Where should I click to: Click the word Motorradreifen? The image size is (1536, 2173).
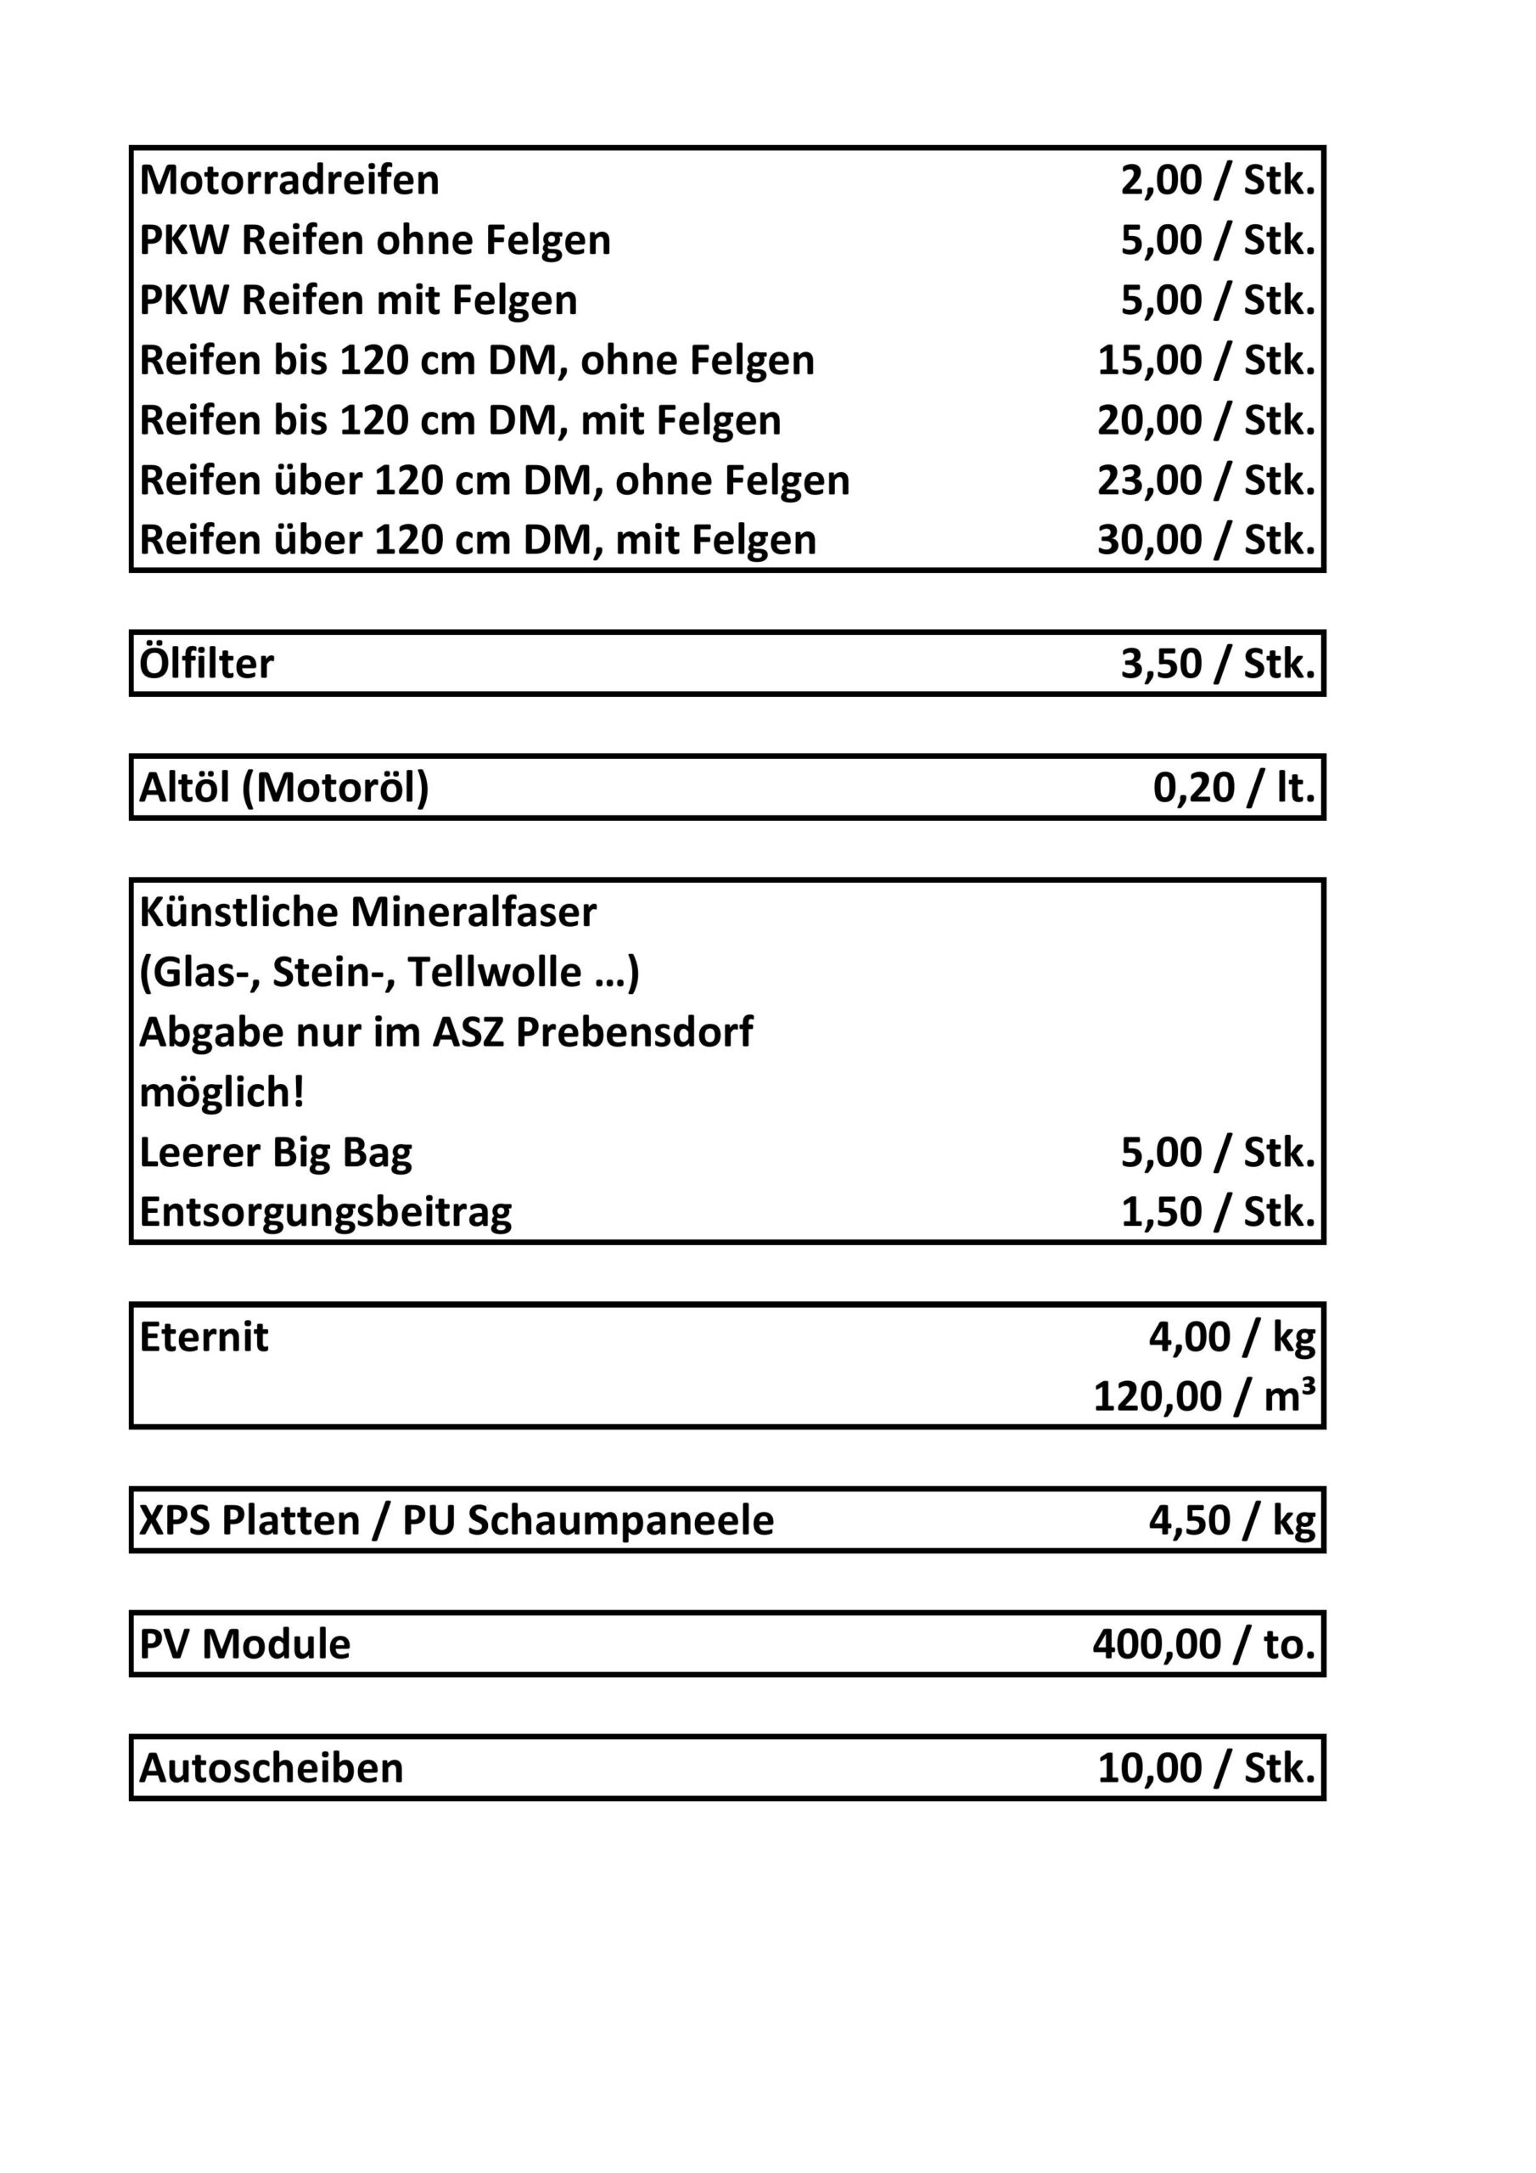(289, 180)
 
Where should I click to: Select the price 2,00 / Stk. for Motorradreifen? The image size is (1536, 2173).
(1217, 180)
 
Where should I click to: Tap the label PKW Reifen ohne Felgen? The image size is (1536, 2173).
(374, 240)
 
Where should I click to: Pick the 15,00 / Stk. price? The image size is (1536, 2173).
(1206, 361)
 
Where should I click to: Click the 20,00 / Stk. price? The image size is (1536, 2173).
(1206, 420)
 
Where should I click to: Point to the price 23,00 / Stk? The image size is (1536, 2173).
(1206, 480)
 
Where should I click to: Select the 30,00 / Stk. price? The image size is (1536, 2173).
(1206, 541)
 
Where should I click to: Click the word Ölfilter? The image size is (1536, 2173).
(206, 665)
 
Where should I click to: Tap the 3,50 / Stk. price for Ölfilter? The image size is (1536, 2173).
(1217, 665)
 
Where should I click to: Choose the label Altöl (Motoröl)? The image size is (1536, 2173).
(284, 789)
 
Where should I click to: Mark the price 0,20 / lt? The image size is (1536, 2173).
(1233, 789)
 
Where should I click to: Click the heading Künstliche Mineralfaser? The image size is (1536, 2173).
(367, 912)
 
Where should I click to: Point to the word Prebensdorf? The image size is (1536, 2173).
(634, 1032)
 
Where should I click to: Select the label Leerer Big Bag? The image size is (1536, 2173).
(276, 1153)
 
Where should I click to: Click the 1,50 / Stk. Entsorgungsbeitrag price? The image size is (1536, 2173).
(1217, 1212)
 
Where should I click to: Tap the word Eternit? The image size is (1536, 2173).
(204, 1337)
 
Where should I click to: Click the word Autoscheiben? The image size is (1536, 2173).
(271, 1769)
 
